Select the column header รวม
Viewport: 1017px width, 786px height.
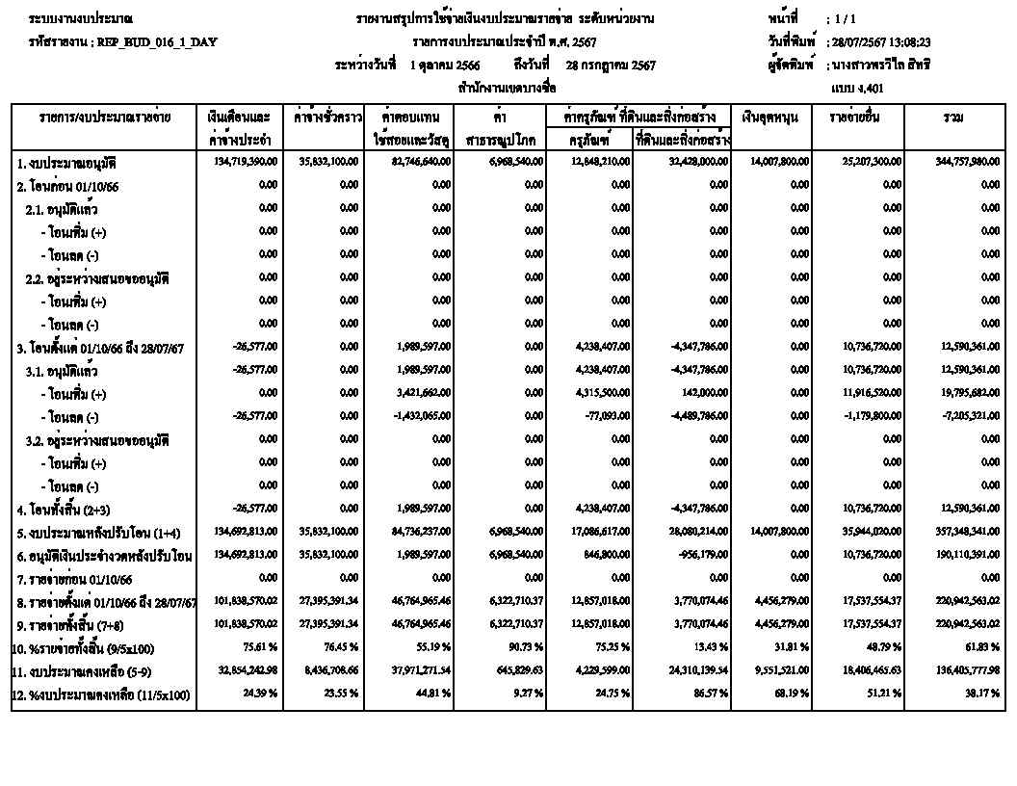tap(954, 117)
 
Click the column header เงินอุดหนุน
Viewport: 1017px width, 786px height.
tap(770, 117)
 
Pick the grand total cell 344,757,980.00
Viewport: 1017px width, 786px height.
tap(967, 161)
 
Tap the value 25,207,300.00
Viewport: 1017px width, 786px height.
tap(873, 161)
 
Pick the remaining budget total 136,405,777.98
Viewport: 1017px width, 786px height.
tap(967, 670)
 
